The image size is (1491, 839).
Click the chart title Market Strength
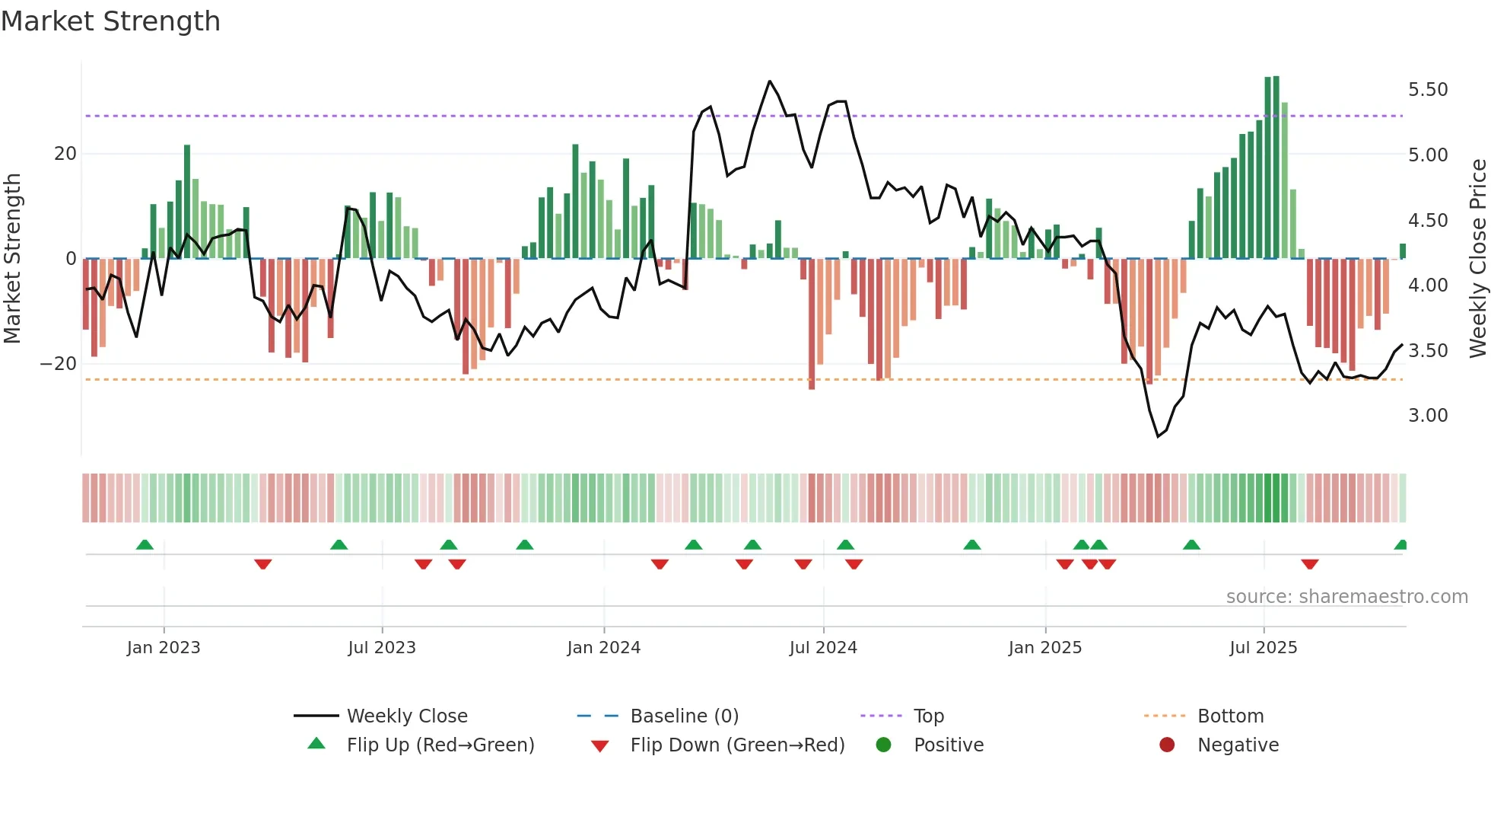pos(111,21)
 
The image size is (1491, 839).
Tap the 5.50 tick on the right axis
pos(1428,90)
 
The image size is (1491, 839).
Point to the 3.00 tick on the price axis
pos(1428,416)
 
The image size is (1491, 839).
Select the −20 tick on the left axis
pos(59,364)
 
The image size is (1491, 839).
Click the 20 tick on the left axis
pos(65,154)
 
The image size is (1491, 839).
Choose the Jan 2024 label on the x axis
pos(603,648)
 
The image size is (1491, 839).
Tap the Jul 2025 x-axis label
pos(1263,648)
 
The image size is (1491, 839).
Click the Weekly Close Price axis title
pos(1477,259)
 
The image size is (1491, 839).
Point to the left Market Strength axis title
pos(13,259)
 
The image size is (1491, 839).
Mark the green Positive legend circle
pos(883,745)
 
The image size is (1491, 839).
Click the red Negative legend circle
pos(1167,745)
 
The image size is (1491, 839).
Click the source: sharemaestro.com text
pos(1346,597)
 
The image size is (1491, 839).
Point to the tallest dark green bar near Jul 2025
pos(1276,167)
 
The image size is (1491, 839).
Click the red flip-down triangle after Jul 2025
pos(1309,564)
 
